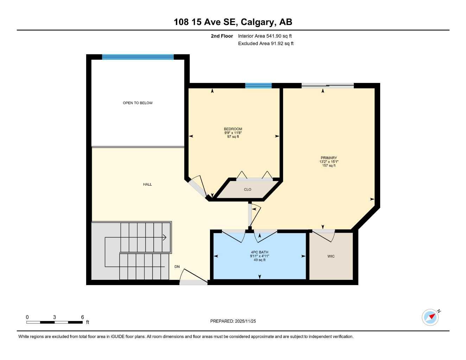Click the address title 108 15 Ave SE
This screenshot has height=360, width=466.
(x=233, y=22)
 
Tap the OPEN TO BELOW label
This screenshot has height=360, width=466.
(x=138, y=103)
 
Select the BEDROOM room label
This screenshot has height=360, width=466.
(x=233, y=129)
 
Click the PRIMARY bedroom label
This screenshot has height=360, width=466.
(x=328, y=158)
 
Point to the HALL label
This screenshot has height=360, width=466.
(x=147, y=184)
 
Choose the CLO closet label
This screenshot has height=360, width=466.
(x=248, y=189)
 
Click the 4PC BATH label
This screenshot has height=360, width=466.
(x=260, y=252)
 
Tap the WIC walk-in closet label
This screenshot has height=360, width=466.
(x=331, y=256)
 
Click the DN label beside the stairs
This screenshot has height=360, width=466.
(x=177, y=267)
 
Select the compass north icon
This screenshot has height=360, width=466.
(x=431, y=317)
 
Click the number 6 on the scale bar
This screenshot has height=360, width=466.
(x=83, y=317)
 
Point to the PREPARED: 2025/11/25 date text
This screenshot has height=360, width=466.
(x=233, y=321)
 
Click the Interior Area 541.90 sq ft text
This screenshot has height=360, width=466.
(x=265, y=36)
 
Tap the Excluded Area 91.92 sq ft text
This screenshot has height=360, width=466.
(x=266, y=44)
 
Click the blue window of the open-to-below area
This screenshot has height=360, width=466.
(x=138, y=57)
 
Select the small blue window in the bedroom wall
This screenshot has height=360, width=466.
(x=258, y=85)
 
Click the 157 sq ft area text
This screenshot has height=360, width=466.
(x=328, y=166)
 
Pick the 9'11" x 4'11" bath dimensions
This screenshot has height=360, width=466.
(x=260, y=256)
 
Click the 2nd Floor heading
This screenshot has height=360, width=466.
(x=222, y=36)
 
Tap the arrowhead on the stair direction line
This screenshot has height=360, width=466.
(x=165, y=238)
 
